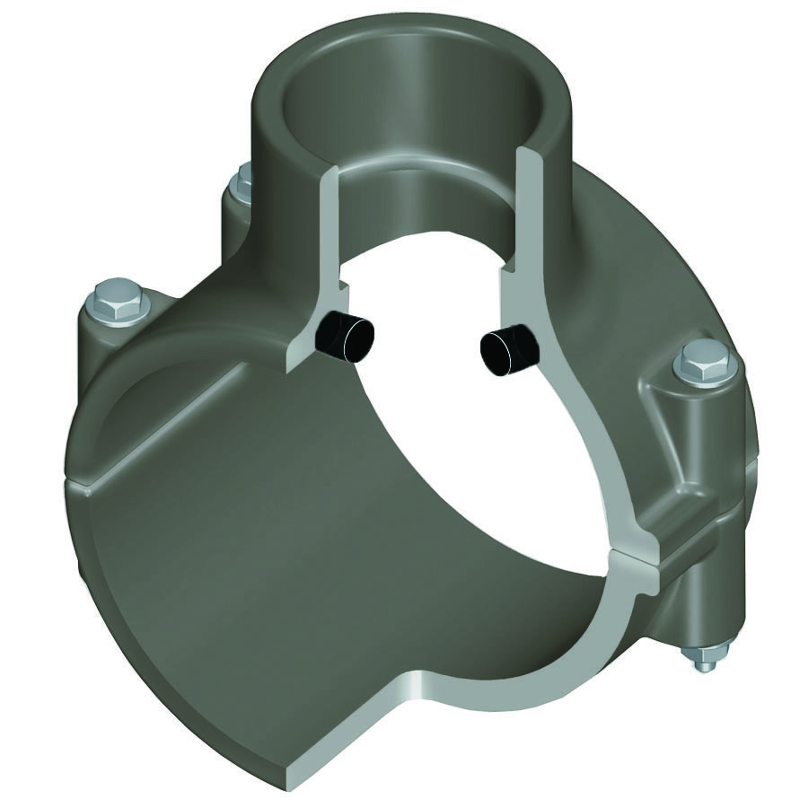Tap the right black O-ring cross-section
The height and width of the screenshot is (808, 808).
click(508, 349)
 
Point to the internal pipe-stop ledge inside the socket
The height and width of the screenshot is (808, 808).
click(422, 171)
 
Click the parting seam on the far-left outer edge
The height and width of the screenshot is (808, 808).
click(76, 485)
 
